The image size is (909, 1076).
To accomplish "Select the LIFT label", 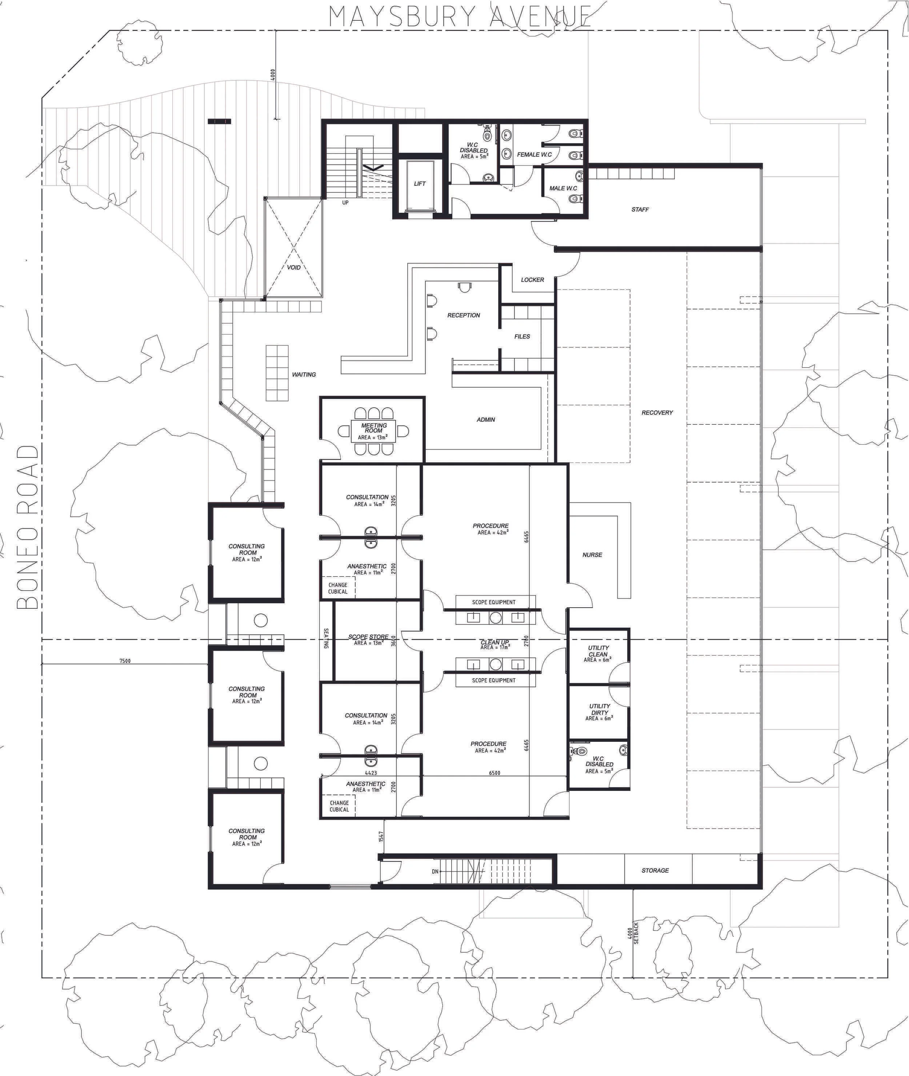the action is (x=420, y=184).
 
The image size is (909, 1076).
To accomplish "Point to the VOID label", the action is (x=294, y=267).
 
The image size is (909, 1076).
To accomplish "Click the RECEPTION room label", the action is (x=463, y=315).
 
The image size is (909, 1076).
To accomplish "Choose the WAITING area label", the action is (x=304, y=375).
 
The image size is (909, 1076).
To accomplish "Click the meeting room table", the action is (x=373, y=431).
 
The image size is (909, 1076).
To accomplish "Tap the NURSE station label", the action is (x=592, y=555).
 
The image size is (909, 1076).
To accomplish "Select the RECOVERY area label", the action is (x=657, y=413).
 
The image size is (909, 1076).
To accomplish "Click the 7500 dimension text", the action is (x=125, y=661).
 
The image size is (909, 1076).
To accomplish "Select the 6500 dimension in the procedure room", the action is (x=494, y=773).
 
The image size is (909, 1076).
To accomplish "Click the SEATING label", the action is (x=326, y=638).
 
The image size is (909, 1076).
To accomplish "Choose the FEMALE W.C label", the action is (x=534, y=155).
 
